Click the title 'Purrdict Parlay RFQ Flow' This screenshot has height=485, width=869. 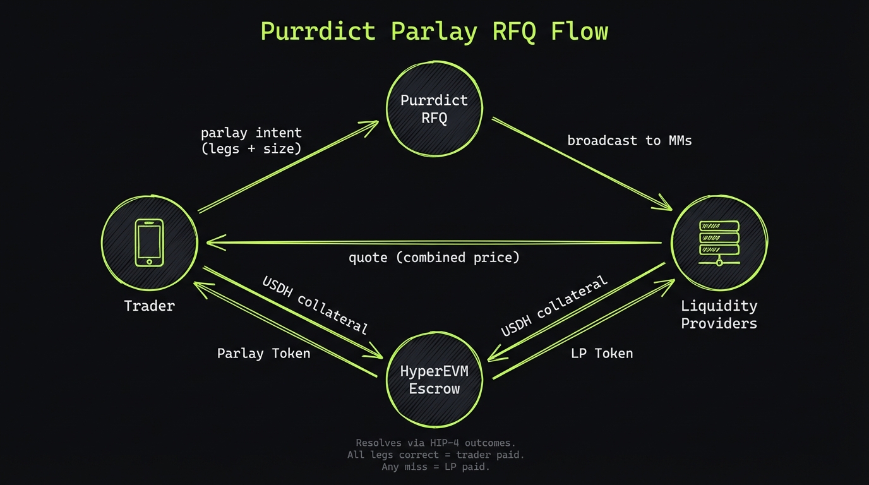pos(434,31)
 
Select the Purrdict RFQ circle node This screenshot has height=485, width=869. pos(434,109)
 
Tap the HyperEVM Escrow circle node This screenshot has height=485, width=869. pos(434,380)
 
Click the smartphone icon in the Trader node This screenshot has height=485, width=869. pos(149,242)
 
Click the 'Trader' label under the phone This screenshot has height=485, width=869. pos(149,306)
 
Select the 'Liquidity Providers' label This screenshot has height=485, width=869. pos(719,314)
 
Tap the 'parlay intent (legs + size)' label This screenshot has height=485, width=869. pos(251,141)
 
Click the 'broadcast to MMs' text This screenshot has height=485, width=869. pos(629,140)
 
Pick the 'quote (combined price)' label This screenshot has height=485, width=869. pos(434,258)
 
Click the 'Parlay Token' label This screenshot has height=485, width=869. pos(263,354)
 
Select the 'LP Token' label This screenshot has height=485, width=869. pos(601,354)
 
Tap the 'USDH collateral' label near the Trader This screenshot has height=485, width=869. pos(314,304)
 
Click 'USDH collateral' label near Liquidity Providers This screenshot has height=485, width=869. pos(554,306)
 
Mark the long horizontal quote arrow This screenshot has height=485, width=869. pos(434,242)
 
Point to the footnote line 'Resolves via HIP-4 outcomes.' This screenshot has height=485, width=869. pos(435,443)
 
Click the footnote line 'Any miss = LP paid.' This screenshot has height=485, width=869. pos(435,467)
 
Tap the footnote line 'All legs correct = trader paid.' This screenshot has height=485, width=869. pos(435,455)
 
